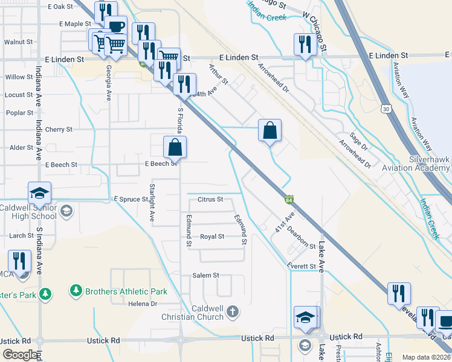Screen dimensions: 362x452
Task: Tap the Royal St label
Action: click(x=212, y=237)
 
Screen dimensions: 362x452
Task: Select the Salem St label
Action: click(x=205, y=275)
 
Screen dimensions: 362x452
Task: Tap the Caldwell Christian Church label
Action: click(x=193, y=313)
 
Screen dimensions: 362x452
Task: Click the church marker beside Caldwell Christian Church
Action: click(x=233, y=312)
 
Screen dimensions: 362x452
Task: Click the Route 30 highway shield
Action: click(x=386, y=109)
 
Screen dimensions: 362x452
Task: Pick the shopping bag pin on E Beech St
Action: click(x=175, y=147)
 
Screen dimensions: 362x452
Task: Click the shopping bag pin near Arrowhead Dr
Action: click(x=270, y=130)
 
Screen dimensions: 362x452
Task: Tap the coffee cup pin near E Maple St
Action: click(x=115, y=27)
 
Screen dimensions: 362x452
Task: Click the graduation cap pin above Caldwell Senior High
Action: click(x=40, y=193)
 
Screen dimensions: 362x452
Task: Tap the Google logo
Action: click(x=20, y=355)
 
